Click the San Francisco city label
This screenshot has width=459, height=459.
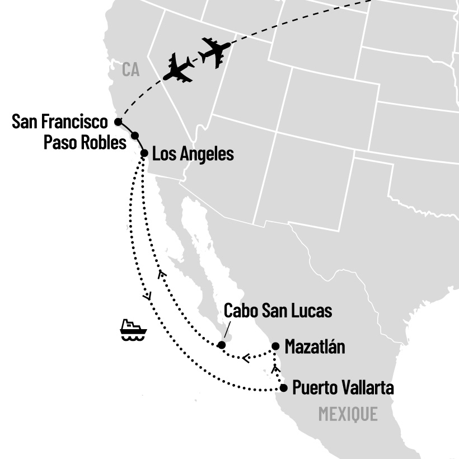tap(59, 121)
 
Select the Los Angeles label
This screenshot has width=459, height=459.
tap(193, 153)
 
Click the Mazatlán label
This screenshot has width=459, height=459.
tap(315, 347)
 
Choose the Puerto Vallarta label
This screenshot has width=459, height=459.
tap(343, 388)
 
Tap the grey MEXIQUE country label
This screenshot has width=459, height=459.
tap(348, 414)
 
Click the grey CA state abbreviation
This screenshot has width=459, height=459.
tap(130, 70)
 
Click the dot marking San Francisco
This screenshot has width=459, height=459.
tap(118, 121)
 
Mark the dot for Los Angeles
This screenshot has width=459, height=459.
tap(144, 153)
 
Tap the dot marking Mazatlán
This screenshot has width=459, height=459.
tap(275, 346)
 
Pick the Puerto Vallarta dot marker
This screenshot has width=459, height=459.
tap(283, 388)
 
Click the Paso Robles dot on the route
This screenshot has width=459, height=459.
tap(135, 135)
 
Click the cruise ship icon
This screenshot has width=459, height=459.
tap(133, 330)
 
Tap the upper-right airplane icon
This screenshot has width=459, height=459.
tap(215, 52)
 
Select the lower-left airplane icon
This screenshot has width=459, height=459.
tap(179, 68)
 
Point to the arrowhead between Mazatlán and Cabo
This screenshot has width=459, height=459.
tap(245, 357)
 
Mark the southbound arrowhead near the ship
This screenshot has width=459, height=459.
tap(147, 296)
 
